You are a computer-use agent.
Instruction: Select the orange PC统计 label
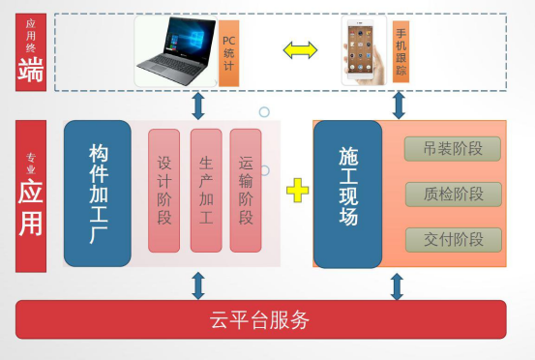tap(228, 51)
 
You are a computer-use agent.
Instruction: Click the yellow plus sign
tap(298, 192)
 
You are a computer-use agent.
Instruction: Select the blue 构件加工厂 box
tap(97, 194)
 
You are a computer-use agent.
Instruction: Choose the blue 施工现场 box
tap(349, 194)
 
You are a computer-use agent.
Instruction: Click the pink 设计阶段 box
tap(164, 191)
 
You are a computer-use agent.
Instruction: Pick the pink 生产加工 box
tap(205, 191)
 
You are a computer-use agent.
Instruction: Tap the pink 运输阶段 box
tap(246, 191)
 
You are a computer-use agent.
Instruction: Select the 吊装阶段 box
tap(454, 149)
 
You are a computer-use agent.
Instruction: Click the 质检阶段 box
tap(454, 194)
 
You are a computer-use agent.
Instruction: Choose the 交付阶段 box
tap(454, 239)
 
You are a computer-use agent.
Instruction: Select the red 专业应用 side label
tap(31, 194)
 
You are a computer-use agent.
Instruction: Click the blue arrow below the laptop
tap(197, 105)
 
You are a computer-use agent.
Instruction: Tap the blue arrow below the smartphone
tap(396, 105)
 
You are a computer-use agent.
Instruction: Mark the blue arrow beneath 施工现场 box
tap(396, 285)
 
